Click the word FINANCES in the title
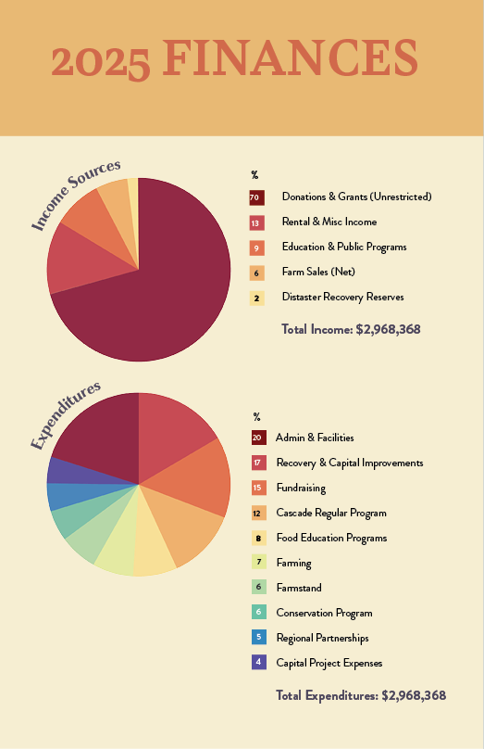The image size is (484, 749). click(x=291, y=59)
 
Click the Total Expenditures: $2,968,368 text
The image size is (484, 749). click(x=361, y=695)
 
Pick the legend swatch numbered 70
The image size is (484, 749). click(x=256, y=197)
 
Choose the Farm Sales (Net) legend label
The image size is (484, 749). click(x=317, y=272)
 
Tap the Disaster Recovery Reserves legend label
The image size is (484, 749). click(x=342, y=297)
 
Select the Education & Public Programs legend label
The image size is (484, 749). click(x=343, y=247)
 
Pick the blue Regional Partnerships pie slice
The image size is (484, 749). click(x=63, y=496)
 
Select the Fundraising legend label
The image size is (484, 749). click(x=301, y=488)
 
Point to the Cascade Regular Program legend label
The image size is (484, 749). click(x=330, y=513)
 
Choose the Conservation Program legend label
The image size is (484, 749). click(x=324, y=613)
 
